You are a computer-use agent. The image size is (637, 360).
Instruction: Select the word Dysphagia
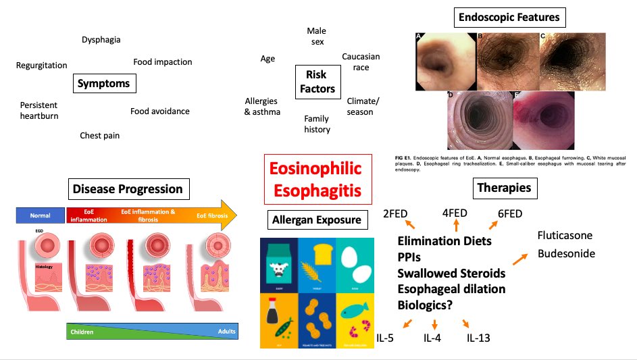coord(101,40)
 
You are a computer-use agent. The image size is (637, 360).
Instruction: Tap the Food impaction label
coord(162,62)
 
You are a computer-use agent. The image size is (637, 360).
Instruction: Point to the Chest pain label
coord(99,136)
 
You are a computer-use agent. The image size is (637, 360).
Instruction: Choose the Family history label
coord(317,124)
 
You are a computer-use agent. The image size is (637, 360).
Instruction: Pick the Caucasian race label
coord(361,62)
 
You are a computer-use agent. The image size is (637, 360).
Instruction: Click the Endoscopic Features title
coord(509,17)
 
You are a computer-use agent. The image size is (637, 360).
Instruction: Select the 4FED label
coord(455,213)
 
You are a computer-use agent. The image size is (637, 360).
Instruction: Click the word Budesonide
coord(565,254)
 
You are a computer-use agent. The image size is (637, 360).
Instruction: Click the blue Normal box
coord(40,215)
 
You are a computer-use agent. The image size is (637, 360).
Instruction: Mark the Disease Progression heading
coord(128,188)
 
